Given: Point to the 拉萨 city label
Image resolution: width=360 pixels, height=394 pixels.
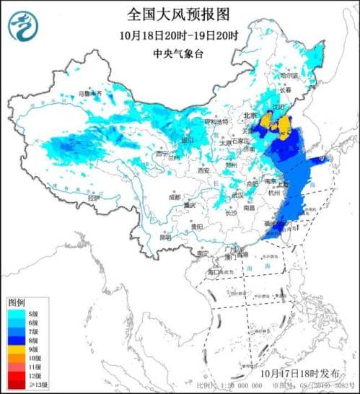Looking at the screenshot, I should pos(90,197).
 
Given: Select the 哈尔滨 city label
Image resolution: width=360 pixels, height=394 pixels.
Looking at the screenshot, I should pos(288,75).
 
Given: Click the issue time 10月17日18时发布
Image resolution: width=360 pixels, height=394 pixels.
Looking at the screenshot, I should pos(300,374).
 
